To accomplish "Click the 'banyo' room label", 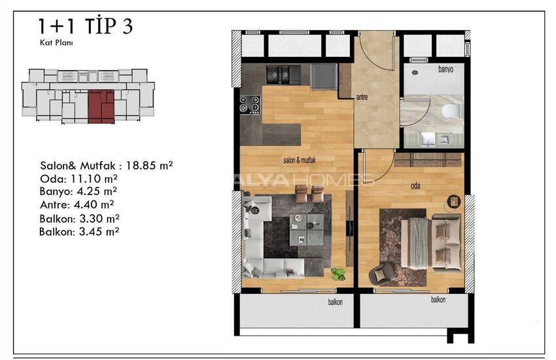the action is (x=445, y=69).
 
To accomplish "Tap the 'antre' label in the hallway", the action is (x=362, y=97).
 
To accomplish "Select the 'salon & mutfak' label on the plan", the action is (x=300, y=160).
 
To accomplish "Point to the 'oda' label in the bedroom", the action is (x=415, y=185).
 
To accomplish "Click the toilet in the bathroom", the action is (x=452, y=111).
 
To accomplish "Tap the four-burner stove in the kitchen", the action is (x=250, y=105).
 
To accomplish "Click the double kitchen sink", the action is (x=279, y=75).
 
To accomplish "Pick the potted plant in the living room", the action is (x=338, y=274).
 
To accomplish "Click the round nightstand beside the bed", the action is (x=453, y=202).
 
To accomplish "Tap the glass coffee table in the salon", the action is (x=306, y=230).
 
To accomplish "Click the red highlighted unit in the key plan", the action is (x=101, y=107).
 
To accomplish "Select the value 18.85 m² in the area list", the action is (x=149, y=166).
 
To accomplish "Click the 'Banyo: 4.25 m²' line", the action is (x=78, y=192).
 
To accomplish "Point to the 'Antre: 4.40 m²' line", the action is (x=77, y=205).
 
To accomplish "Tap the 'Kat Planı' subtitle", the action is (x=56, y=43).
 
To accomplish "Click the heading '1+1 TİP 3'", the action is (x=86, y=26).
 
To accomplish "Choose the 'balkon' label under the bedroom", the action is (x=438, y=300).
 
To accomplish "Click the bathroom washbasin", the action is (x=427, y=139).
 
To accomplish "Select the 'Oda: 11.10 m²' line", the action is (x=78, y=179).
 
